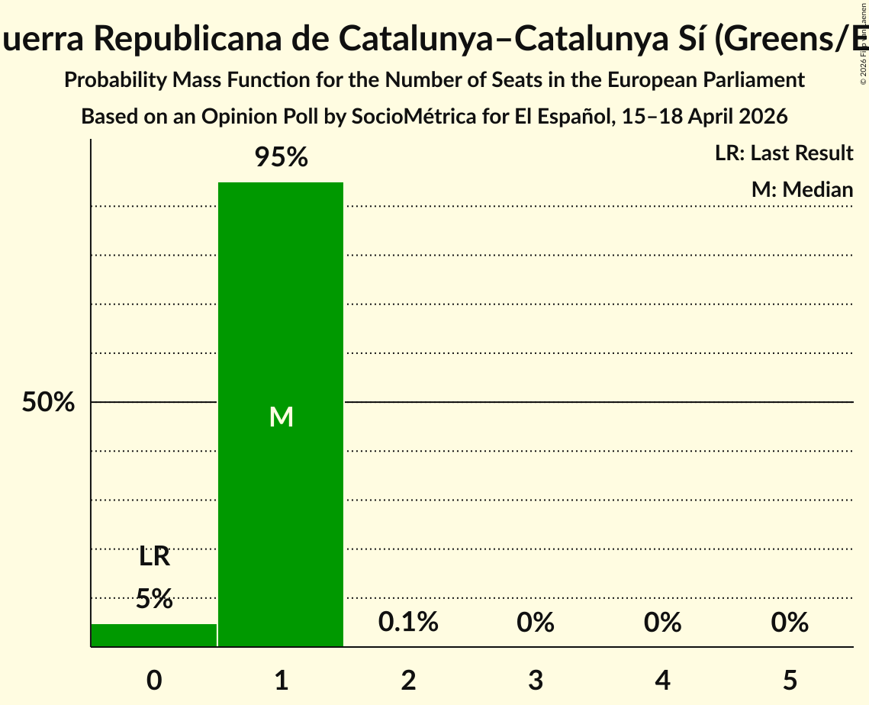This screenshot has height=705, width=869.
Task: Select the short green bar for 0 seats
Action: tap(154, 635)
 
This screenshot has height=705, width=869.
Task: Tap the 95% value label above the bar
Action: tap(281, 158)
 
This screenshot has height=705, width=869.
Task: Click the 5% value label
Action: tap(154, 599)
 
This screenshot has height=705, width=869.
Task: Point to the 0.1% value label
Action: tap(408, 623)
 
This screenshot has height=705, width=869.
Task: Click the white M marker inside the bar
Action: tap(281, 417)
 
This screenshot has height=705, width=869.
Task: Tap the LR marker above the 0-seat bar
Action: tap(154, 557)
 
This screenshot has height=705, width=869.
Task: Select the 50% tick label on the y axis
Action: tap(48, 402)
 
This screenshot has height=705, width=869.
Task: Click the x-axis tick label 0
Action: tap(154, 680)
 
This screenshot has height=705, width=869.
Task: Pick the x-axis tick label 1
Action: tap(281, 680)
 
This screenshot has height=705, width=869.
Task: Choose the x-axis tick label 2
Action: tap(408, 680)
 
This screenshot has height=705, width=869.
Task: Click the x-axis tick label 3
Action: tap(536, 680)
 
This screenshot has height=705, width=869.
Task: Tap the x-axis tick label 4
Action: tap(662, 680)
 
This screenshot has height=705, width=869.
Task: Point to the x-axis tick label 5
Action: tap(790, 680)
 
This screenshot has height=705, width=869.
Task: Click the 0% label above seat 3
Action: tap(536, 623)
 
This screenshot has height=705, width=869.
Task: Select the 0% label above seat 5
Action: tap(790, 623)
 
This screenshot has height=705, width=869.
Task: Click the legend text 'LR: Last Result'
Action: tap(784, 153)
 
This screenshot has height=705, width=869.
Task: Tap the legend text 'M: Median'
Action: tap(802, 189)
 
